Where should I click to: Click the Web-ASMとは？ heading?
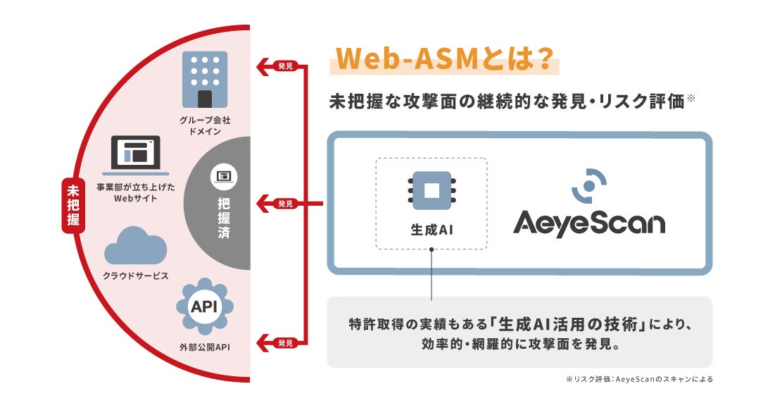443,60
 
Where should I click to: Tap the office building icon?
204,79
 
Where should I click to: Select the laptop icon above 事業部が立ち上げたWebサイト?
135,156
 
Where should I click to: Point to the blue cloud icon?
135,247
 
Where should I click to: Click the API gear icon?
204,307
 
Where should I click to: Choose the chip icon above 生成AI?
431,190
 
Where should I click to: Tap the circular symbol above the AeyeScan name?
588,185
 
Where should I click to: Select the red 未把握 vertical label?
73,206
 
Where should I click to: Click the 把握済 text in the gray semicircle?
223,219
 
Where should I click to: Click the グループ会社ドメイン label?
204,125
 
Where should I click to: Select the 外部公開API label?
205,347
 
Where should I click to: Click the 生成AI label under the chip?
431,230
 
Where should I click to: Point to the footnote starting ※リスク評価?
638,379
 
